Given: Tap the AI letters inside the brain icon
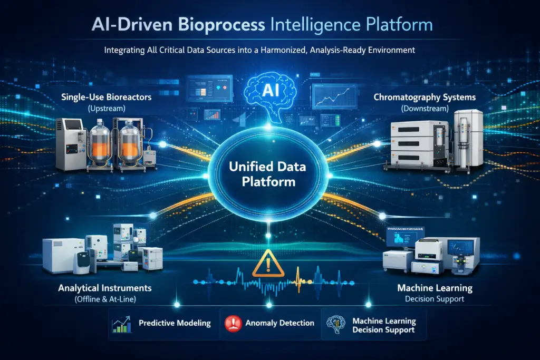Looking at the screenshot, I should click(269, 91).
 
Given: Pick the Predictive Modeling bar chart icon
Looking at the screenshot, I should click(122, 324).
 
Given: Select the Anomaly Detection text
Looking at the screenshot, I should click(280, 323).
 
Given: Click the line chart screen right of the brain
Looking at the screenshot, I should click(332, 96).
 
